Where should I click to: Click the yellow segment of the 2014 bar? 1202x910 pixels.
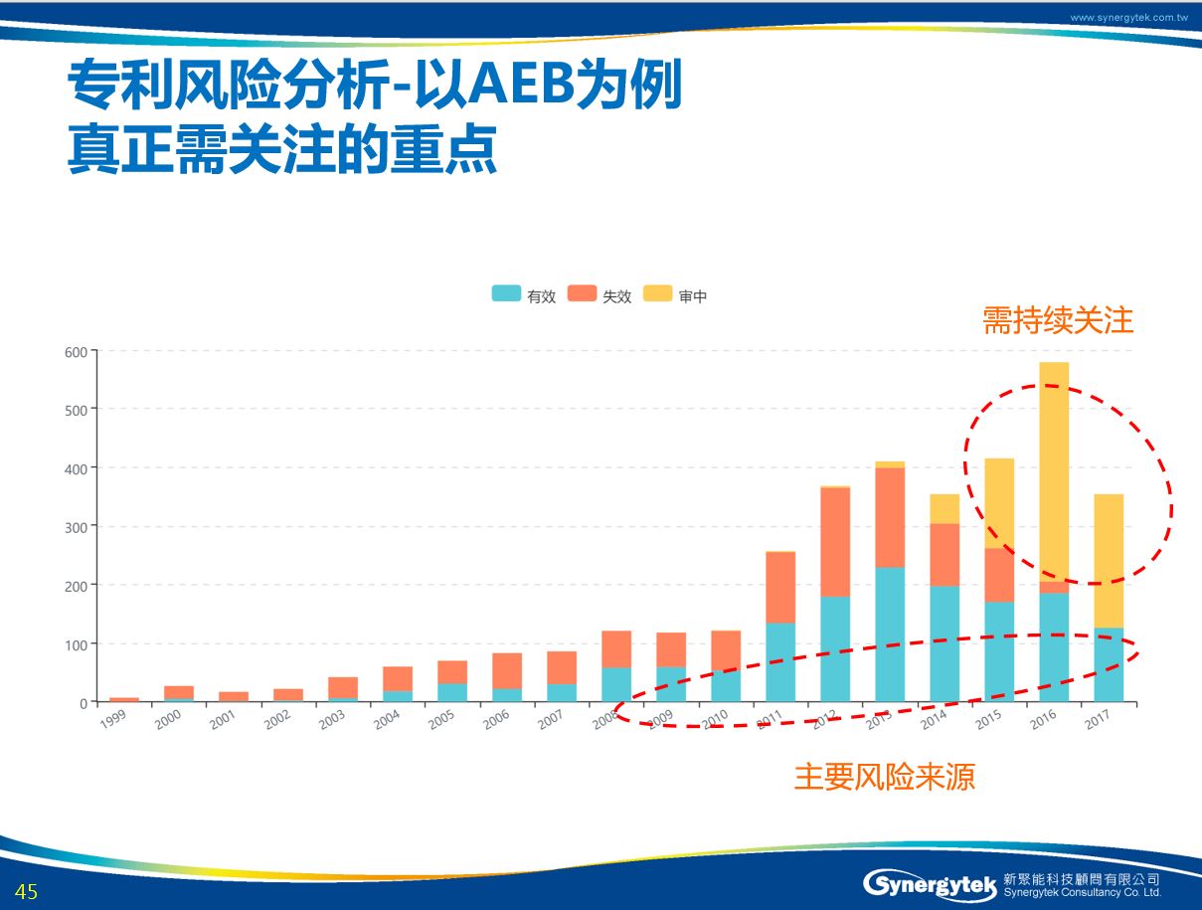click(x=944, y=508)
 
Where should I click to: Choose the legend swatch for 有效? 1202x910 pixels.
click(x=506, y=294)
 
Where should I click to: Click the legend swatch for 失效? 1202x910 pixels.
click(x=582, y=294)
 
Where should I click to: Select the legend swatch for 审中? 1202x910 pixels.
click(x=657, y=294)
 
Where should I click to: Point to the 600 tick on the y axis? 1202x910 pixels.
click(x=77, y=351)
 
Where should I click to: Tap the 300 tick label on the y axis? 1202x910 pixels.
click(x=77, y=527)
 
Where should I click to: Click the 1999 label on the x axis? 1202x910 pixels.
click(x=113, y=719)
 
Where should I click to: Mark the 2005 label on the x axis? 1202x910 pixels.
click(x=441, y=719)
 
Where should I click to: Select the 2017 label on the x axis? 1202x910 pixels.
click(x=1098, y=719)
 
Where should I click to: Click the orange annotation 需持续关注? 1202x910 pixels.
click(x=1058, y=321)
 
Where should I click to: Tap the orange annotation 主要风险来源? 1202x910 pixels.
click(x=884, y=777)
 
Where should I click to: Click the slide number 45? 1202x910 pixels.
click(x=26, y=892)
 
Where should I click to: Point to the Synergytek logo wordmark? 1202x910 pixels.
click(x=931, y=883)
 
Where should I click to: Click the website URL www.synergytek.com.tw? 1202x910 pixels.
click(x=1129, y=18)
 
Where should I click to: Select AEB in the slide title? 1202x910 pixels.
click(x=525, y=88)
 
